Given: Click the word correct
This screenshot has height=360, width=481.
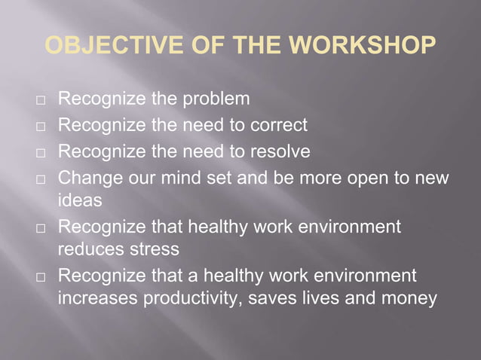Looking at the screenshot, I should coord(280,125).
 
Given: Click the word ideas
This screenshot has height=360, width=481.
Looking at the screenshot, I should coord(78,202).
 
